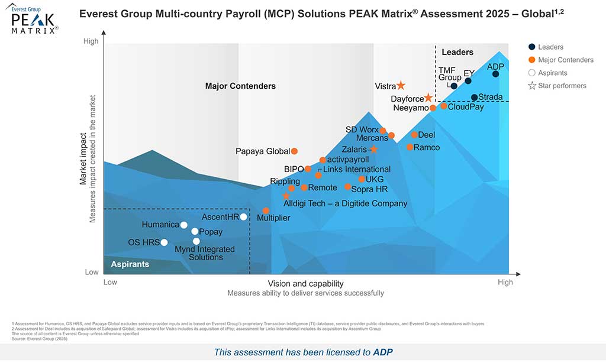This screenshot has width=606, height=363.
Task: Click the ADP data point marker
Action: coord(495,74)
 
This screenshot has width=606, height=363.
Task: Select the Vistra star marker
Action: coord(401,86)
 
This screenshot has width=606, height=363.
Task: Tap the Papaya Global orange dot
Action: coord(294,151)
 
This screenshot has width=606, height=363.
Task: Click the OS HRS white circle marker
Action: coord(164,242)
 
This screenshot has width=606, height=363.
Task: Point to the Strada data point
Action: coord(474,98)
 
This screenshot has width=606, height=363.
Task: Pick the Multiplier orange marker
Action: coord(266,210)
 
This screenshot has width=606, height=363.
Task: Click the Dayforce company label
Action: coord(407,99)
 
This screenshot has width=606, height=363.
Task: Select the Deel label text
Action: coord(426,135)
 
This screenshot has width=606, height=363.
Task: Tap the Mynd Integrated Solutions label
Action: coord(204,253)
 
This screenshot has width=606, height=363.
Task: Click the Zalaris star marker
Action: coord(373,150)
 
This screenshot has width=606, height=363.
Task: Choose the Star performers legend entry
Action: coord(562,86)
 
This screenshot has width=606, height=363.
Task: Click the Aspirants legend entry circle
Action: coord(531,73)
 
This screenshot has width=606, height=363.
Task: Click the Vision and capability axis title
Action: coord(305,284)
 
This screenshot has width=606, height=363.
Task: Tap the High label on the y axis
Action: coord(91,41)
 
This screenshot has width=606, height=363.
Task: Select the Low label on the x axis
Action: coord(111,283)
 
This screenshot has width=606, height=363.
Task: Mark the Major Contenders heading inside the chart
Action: coord(240,86)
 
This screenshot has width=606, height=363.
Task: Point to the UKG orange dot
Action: coord(362,179)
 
